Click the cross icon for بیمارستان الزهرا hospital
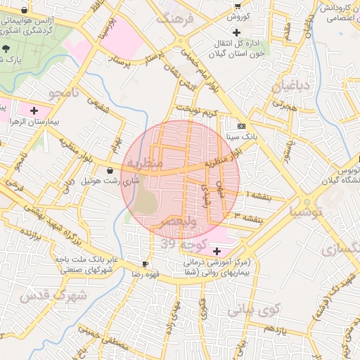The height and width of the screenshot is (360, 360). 34,110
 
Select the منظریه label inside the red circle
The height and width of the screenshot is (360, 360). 145,163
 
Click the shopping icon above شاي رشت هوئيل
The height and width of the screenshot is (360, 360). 110,170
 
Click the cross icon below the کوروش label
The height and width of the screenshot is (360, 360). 237,32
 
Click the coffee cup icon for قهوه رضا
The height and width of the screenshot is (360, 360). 145,264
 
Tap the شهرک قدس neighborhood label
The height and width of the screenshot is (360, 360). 53,296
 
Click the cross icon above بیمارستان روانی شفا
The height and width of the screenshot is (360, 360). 217,251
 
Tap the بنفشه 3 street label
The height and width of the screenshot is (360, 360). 251,218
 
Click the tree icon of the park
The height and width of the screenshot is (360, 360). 6,48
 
